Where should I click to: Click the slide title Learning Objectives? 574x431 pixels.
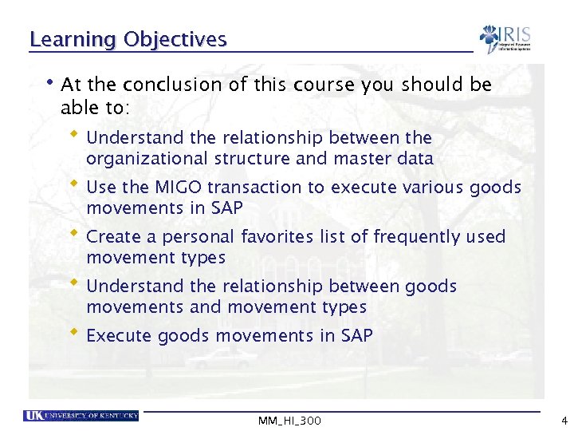click(128, 39)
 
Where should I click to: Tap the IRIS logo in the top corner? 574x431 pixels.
click(504, 38)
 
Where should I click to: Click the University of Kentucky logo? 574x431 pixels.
click(81, 415)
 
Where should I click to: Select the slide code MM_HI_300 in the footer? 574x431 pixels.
click(289, 421)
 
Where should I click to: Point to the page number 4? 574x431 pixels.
click(564, 421)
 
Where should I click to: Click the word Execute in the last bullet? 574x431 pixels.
click(118, 336)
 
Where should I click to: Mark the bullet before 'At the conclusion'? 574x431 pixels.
click(51, 81)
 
